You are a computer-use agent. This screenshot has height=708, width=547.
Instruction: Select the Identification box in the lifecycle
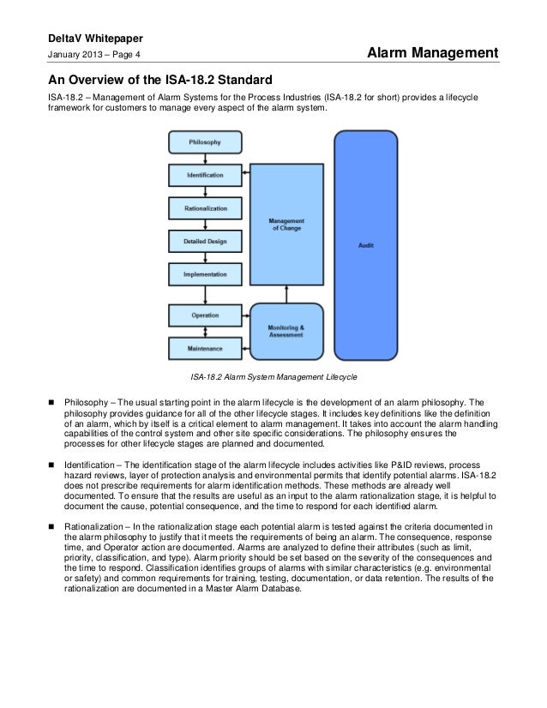point(205,175)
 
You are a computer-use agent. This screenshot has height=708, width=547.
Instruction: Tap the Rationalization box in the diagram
point(205,208)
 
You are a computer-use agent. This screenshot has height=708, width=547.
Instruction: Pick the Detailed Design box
point(205,242)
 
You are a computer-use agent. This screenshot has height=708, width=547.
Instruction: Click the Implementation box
point(205,274)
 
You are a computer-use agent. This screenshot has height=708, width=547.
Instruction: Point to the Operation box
point(205,315)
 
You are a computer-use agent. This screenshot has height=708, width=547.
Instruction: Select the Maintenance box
point(205,348)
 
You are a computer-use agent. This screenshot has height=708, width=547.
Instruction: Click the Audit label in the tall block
point(365,245)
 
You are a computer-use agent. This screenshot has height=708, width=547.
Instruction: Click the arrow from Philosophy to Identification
point(205,158)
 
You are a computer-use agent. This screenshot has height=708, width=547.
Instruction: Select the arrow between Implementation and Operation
point(205,295)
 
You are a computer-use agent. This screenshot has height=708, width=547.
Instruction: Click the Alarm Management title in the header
point(432,54)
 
